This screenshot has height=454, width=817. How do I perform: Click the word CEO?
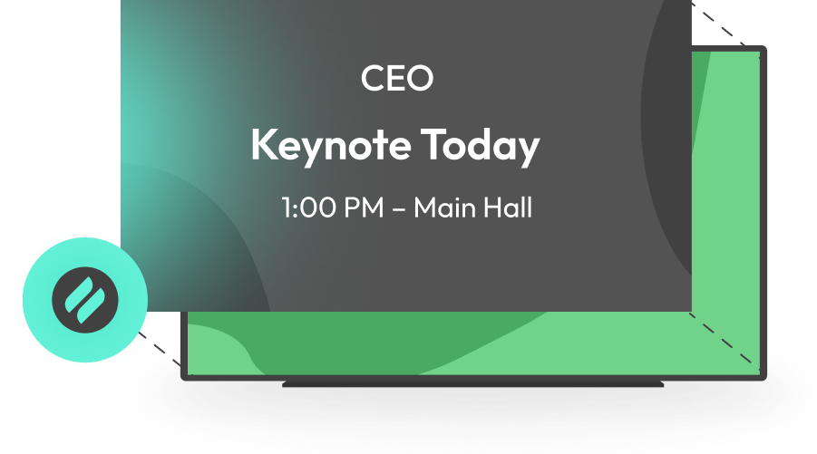pos(396,79)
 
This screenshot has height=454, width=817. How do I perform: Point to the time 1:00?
pos(307,208)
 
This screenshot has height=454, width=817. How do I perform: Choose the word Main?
pos(443,208)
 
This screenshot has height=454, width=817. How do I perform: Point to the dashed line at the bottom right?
pos(725,339)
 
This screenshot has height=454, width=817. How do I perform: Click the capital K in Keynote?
pos(261,145)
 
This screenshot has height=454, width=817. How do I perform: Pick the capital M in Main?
pos(424,208)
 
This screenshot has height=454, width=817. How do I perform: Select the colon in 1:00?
pos(296,209)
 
